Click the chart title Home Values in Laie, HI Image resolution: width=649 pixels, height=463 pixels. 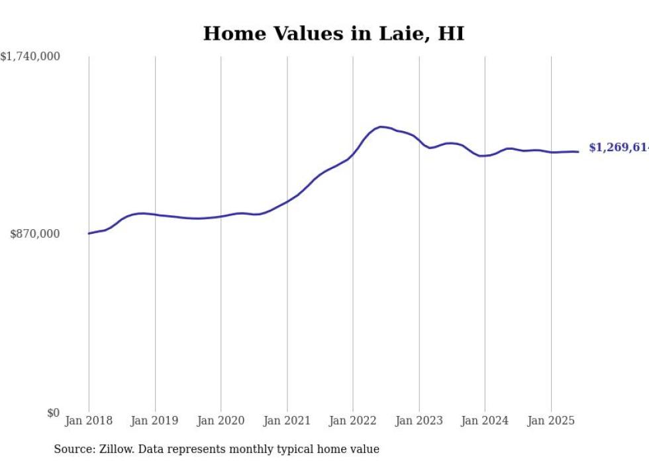tap(333, 34)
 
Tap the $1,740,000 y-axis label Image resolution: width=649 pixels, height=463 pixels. tap(30, 57)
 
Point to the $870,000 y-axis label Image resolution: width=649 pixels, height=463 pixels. tap(35, 234)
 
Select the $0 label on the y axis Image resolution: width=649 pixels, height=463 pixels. tap(53, 413)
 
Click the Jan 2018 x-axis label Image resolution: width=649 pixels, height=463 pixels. tap(89, 421)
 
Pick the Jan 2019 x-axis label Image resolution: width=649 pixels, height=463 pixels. tap(155, 421)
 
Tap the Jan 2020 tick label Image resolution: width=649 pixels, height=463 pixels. tap(221, 421)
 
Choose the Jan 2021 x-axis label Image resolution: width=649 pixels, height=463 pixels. tap(287, 421)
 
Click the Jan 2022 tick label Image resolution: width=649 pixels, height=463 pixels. tap(353, 421)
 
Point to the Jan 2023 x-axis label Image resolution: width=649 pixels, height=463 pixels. tap(419, 421)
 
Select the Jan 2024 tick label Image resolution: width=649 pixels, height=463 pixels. tap(485, 421)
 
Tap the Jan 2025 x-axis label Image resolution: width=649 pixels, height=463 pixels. tap(551, 421)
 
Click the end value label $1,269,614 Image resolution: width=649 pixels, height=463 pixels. tap(618, 148)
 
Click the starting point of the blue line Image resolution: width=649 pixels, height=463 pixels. tap(89, 233)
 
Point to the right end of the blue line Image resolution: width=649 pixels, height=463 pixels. tap(578, 152)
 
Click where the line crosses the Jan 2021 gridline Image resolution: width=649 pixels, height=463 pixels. tap(287, 201)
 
